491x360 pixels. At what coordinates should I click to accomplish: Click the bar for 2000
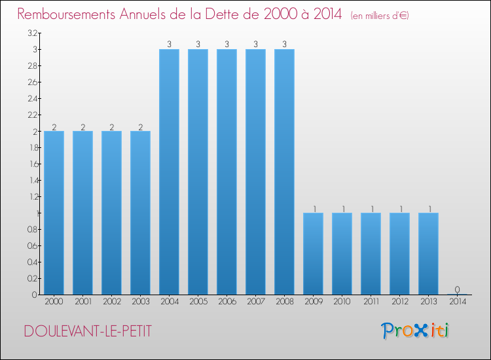coord(54,213)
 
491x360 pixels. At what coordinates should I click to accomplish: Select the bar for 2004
coord(169,171)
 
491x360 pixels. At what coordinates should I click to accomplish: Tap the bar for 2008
coord(284,171)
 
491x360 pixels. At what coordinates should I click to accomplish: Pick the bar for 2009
coord(313,253)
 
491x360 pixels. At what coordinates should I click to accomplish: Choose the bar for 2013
coord(428,253)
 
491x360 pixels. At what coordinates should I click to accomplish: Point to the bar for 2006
coord(227,171)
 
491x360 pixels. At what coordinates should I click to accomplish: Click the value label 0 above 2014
coord(457,289)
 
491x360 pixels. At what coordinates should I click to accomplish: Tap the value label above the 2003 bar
coord(140,127)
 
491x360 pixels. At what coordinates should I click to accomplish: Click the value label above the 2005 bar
coord(198,45)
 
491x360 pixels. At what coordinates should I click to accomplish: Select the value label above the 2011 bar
coord(371,209)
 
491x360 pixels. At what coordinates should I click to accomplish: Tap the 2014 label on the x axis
coord(457,302)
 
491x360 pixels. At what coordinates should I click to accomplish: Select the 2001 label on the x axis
coord(82,302)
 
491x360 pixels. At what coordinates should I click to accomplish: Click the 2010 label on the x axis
coord(342,302)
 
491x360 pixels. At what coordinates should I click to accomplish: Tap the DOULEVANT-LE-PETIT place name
coord(88,332)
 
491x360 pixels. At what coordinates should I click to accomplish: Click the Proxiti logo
coord(416,331)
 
